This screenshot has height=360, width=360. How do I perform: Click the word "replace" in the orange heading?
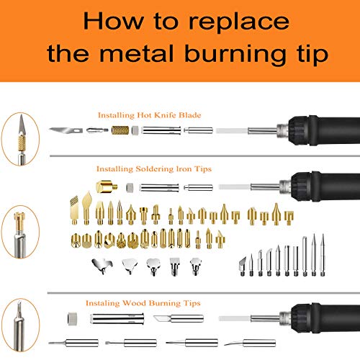click(x=239, y=22)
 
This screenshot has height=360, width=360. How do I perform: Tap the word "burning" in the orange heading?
click(x=235, y=54)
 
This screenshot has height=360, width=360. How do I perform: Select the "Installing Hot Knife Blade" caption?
click(x=149, y=115)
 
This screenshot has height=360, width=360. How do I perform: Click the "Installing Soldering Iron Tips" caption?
click(x=154, y=168)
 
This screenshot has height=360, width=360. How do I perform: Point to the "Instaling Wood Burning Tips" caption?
click(x=143, y=303)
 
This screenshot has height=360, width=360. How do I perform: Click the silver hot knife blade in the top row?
click(x=66, y=130)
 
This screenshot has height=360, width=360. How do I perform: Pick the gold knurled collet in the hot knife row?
click(x=120, y=130)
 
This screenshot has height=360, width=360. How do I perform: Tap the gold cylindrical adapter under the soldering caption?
click(x=107, y=186)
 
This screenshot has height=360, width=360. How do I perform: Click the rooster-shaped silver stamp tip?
click(x=102, y=266)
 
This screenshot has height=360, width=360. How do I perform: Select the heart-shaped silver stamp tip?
click(x=153, y=266)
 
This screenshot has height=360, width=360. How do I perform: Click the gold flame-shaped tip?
click(x=86, y=207)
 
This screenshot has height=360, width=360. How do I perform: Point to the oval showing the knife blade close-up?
click(x=20, y=139)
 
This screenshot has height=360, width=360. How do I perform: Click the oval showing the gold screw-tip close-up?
click(x=20, y=233)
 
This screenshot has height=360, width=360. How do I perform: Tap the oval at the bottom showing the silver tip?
click(x=20, y=325)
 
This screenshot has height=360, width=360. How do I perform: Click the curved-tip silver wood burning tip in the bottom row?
click(x=250, y=343)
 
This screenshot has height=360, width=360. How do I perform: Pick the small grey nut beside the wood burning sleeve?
click(x=72, y=319)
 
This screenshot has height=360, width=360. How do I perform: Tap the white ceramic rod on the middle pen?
click(x=235, y=186)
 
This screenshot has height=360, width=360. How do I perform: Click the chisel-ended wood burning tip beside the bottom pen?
click(x=179, y=318)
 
